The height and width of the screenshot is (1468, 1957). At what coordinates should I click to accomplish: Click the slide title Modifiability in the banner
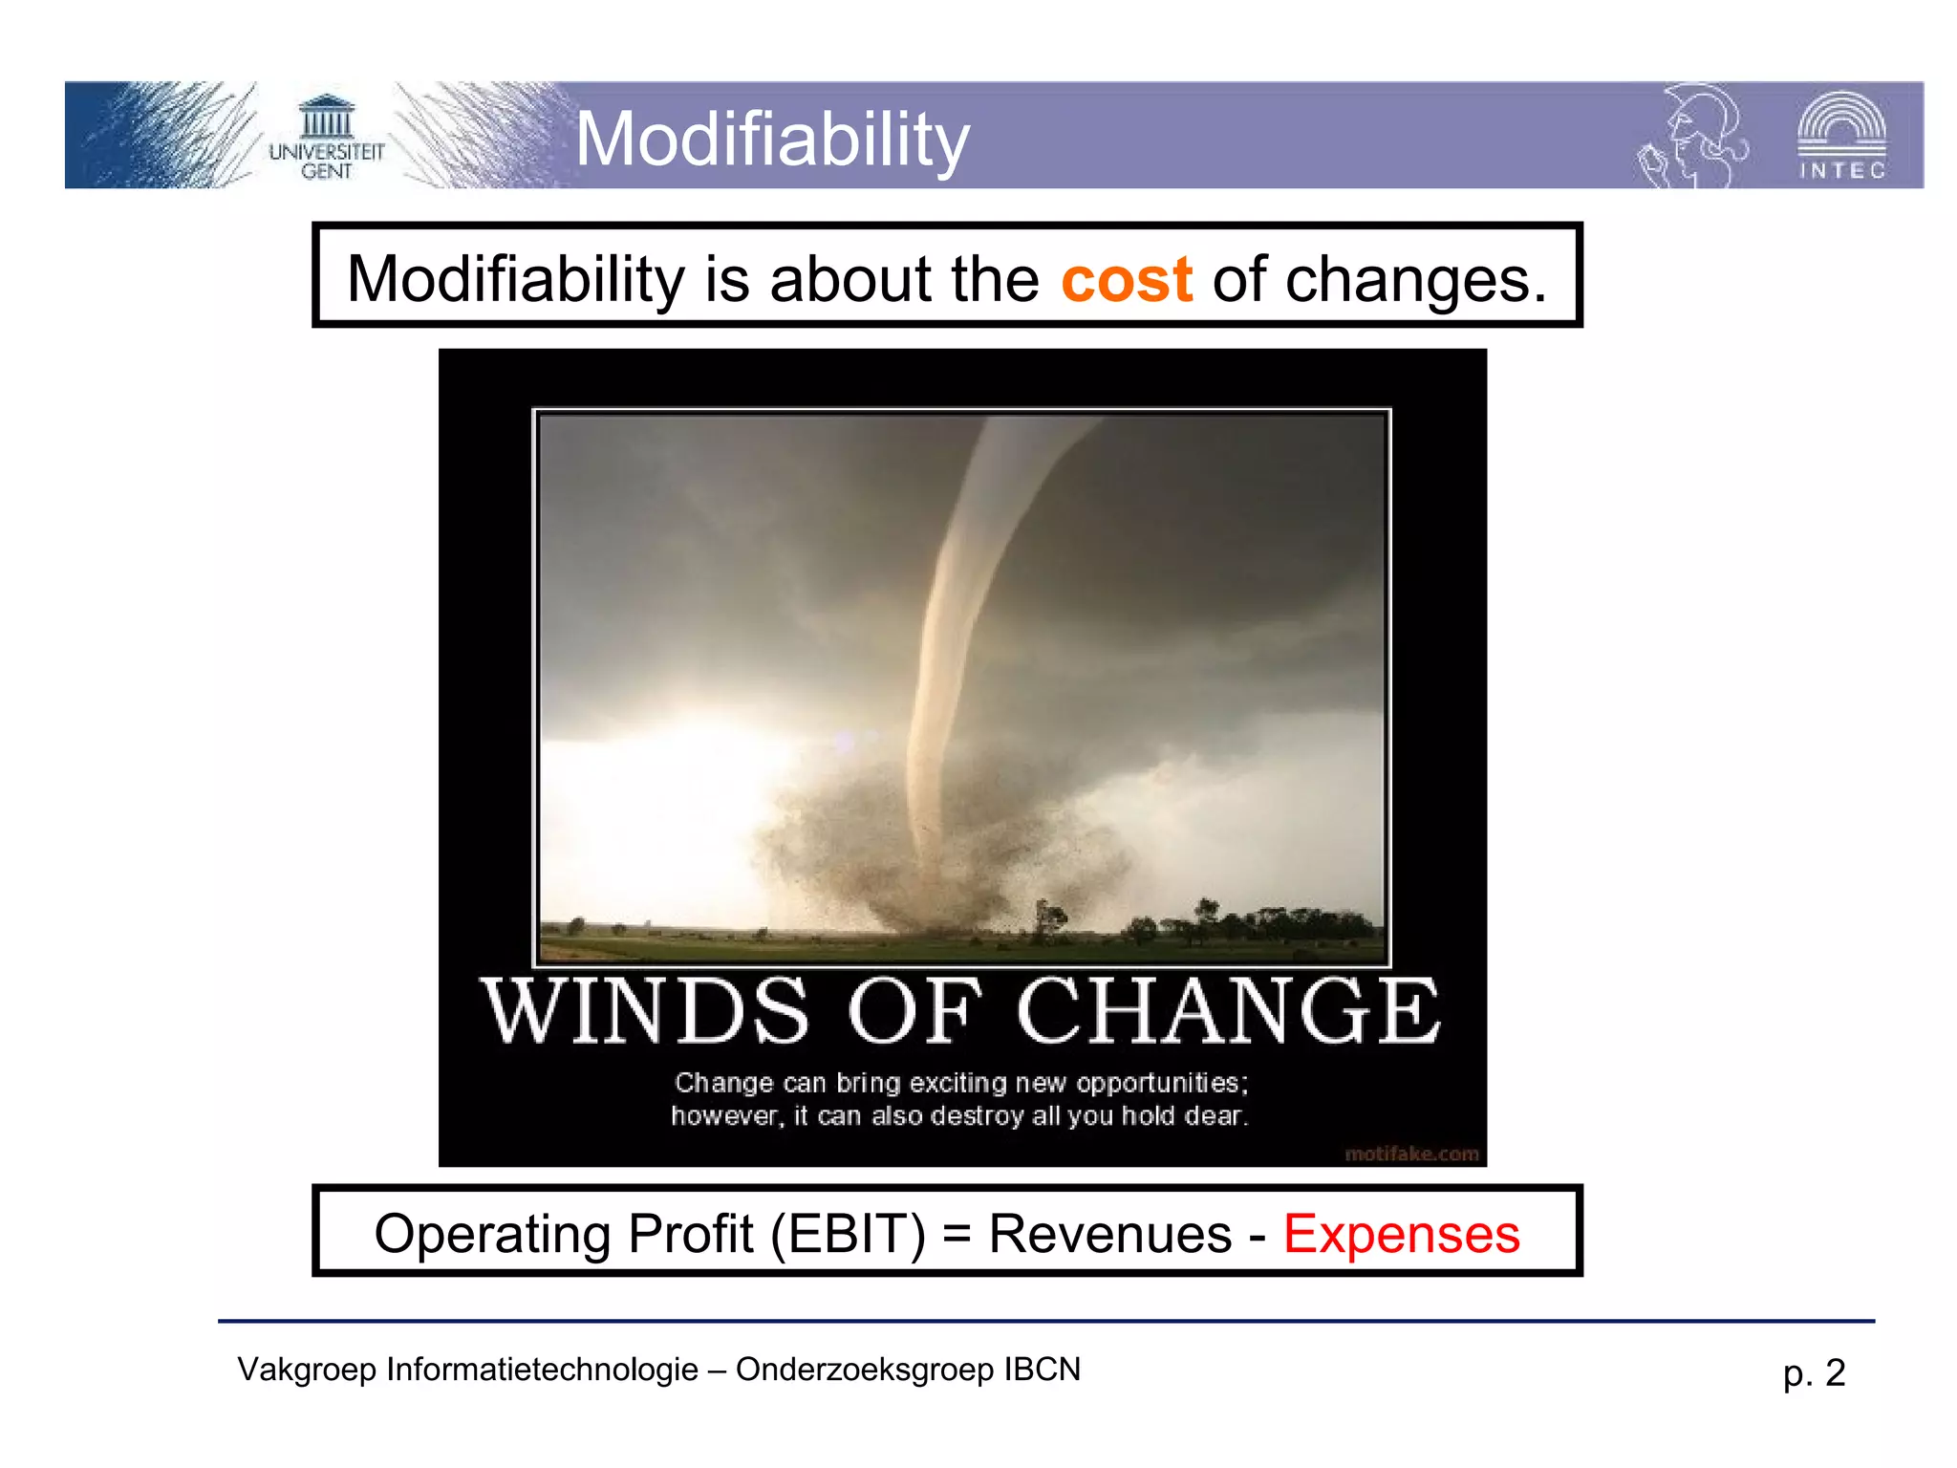772,140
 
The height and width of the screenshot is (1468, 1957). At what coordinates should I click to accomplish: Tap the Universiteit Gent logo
326,139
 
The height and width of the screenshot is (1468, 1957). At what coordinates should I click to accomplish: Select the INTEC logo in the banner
1841,137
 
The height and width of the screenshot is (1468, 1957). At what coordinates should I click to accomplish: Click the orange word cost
1126,280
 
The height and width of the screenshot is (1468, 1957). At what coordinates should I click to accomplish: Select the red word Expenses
1401,1234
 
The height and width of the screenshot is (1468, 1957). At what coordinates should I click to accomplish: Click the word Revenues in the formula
1109,1234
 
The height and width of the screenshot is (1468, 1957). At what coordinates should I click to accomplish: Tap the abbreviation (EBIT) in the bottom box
848,1234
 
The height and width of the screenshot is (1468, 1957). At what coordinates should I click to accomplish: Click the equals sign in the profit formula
957,1234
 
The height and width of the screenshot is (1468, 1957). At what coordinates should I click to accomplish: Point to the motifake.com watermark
1410,1154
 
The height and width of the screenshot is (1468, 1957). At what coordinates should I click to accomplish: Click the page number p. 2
1813,1373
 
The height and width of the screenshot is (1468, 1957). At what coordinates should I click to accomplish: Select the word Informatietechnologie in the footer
542,1370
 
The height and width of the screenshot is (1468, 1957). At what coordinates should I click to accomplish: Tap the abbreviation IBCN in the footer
1042,1370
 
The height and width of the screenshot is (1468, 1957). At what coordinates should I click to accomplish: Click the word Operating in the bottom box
494,1234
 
